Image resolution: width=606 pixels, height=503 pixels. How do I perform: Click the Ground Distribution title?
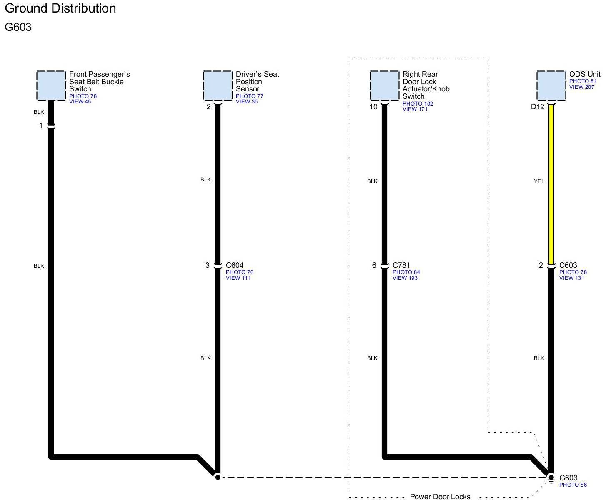click(60, 8)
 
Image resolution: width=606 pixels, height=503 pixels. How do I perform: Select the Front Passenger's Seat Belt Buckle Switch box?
click(51, 86)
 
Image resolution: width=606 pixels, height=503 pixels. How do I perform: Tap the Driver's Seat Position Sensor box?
click(218, 86)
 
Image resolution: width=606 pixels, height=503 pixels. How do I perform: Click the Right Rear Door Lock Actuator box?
click(384, 86)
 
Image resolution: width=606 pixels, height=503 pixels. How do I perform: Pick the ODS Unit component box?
click(551, 86)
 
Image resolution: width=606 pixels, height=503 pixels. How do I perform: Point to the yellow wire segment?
click(551, 184)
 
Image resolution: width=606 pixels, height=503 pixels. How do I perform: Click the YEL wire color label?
click(539, 181)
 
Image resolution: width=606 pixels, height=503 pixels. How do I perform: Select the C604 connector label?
click(235, 265)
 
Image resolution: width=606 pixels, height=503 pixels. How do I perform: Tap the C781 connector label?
click(401, 265)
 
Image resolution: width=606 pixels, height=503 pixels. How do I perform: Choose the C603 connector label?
click(568, 265)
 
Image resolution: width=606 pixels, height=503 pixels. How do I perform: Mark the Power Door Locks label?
click(440, 497)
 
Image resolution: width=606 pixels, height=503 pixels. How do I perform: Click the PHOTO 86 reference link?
click(573, 485)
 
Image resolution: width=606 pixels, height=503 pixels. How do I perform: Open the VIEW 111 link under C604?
click(238, 278)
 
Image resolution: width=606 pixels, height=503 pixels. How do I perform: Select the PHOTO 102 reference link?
click(418, 104)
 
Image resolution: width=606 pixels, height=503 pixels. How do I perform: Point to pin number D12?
click(537, 107)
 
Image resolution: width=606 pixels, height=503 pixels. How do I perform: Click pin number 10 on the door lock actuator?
click(373, 107)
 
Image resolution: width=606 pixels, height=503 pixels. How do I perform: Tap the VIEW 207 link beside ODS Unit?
click(582, 87)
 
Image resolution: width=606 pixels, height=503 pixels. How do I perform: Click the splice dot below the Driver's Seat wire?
click(218, 477)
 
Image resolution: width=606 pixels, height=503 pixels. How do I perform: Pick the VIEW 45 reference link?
click(80, 102)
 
